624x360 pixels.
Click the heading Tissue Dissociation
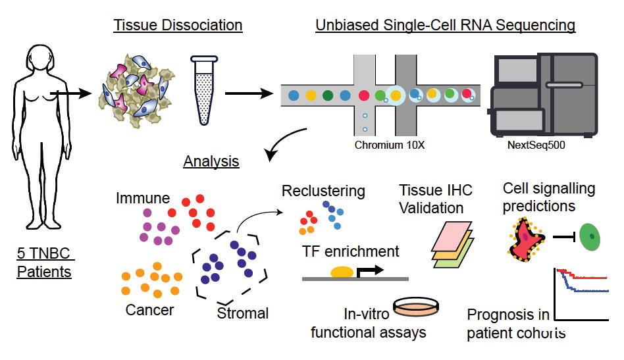coord(178,25)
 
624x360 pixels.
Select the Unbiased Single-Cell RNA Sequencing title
coord(446,25)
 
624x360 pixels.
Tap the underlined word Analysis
coord(211,161)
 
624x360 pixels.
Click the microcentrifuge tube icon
coord(204,90)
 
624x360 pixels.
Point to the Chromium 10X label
coord(390,145)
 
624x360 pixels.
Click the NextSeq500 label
coord(536,145)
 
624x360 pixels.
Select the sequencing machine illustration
coord(543,95)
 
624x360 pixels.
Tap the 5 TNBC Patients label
coord(44,263)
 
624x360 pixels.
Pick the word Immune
coord(143,198)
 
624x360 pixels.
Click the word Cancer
coord(149,310)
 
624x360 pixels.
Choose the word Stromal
coord(243,313)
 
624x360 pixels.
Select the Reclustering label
coord(323,191)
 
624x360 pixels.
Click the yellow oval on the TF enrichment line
coord(342,272)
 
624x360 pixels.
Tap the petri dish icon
coord(416,307)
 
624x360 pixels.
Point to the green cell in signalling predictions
coord(589,237)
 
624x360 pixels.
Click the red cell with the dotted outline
coord(526,239)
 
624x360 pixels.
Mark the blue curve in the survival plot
coord(582,287)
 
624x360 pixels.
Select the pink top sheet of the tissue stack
coord(452,237)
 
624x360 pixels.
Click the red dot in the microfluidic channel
coord(364,95)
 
